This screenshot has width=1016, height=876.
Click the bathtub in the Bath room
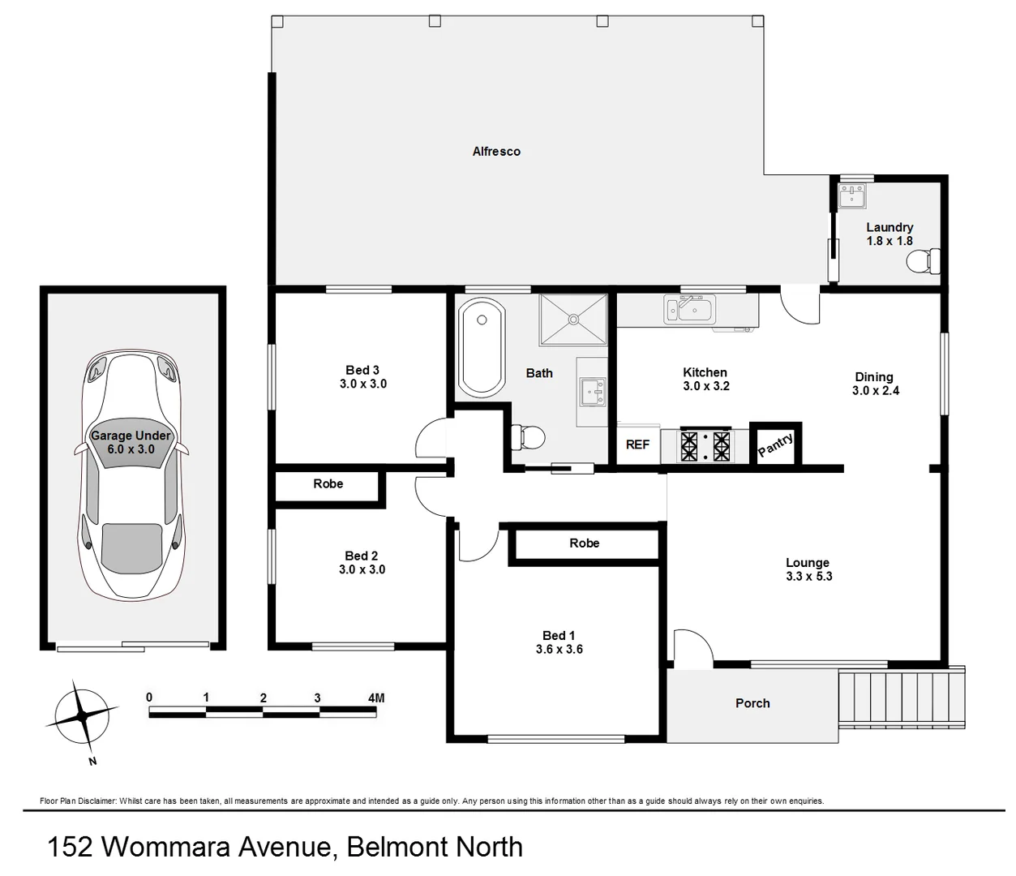pos(482,348)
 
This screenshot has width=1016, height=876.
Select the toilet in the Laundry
pos(921,261)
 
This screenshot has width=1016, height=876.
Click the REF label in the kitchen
pos(637,444)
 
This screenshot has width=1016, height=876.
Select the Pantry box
pos(775,444)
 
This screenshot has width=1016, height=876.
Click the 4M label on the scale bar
pos(375,698)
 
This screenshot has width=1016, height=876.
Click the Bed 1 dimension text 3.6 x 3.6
pos(559,649)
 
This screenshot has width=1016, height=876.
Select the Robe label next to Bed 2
pos(328,484)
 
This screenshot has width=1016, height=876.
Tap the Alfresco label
pos(496,152)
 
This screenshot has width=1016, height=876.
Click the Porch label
pos(752,703)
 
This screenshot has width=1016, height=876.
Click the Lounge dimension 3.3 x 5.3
pos(808,577)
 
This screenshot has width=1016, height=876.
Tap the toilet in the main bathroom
pos(528,437)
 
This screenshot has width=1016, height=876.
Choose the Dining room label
pos(874,376)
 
